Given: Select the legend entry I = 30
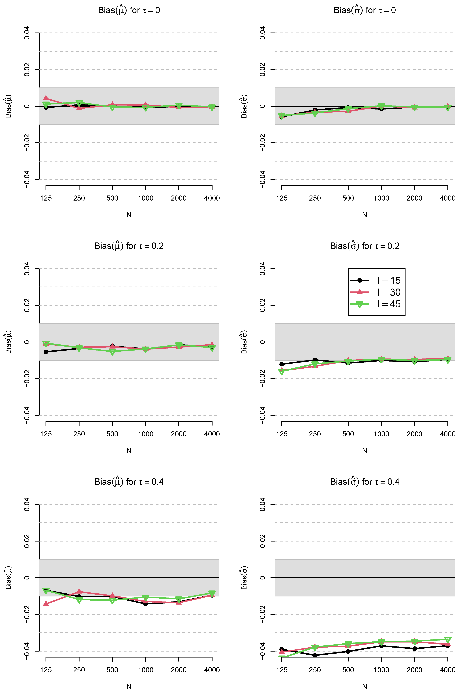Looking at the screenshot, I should [376, 292].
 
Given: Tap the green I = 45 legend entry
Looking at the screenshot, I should [376, 304].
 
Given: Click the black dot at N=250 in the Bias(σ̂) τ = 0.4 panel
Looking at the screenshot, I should [315, 655].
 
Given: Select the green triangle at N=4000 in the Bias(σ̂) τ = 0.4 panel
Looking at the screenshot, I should [448, 640].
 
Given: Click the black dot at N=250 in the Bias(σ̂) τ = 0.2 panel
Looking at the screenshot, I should [315, 360].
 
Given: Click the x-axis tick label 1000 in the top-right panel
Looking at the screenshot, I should [381, 198].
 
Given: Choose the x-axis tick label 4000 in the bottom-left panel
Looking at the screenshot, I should [212, 670].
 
